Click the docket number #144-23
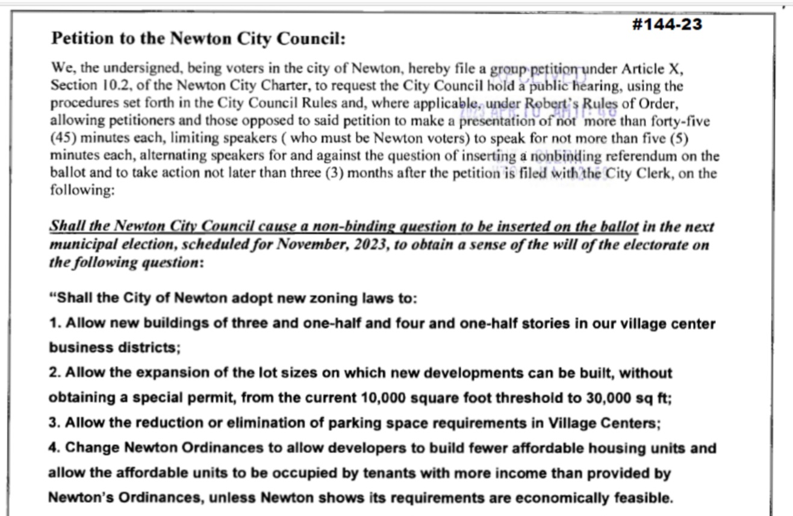[668, 24]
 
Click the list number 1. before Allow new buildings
[55, 323]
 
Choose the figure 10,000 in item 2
[384, 398]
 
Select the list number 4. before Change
[55, 448]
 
